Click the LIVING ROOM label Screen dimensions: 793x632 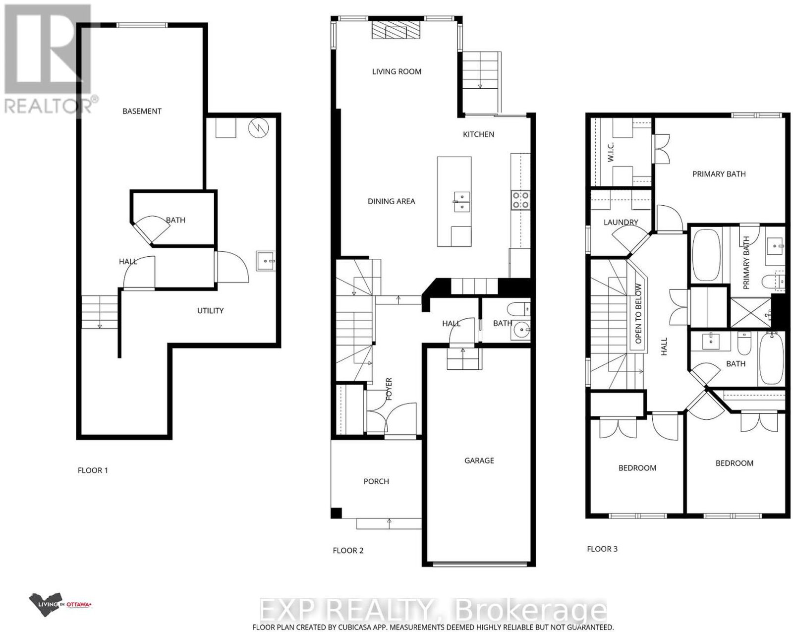click(396, 71)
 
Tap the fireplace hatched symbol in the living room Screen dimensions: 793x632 click(395, 29)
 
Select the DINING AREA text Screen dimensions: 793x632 click(392, 201)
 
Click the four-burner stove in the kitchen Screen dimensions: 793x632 click(520, 200)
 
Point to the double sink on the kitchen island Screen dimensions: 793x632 click(462, 202)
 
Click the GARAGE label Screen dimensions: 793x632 click(479, 460)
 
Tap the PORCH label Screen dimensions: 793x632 click(376, 481)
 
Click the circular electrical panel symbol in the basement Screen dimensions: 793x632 click(258, 128)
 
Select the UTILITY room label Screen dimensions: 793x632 click(210, 311)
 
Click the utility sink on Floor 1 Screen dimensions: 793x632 click(266, 261)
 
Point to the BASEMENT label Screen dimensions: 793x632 click(142, 111)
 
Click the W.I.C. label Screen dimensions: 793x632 click(610, 152)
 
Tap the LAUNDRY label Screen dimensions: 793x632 click(621, 222)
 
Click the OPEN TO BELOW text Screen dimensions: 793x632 click(638, 313)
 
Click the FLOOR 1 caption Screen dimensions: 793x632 click(93, 470)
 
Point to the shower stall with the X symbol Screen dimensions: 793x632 click(750, 312)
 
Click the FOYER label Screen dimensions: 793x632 click(389, 389)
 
